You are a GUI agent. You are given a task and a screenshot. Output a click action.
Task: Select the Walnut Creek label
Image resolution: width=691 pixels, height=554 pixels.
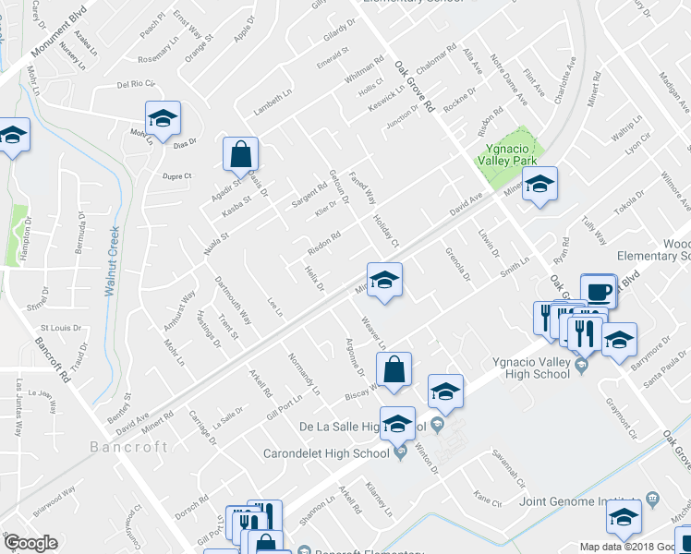click(114, 262)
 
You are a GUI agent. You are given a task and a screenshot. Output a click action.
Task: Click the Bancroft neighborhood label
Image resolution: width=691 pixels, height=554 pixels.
click(129, 447)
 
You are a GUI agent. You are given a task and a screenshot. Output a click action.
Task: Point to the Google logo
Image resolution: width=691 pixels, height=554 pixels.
click(30, 544)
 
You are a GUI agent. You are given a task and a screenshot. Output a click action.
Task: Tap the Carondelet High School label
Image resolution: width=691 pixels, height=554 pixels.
click(326, 452)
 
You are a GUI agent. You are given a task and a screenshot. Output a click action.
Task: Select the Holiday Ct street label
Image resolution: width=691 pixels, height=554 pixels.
click(385, 230)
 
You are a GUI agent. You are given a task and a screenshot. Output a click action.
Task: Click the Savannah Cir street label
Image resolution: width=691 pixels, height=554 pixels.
click(508, 470)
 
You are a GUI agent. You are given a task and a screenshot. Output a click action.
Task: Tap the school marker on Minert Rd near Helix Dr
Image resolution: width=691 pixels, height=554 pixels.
click(384, 280)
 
